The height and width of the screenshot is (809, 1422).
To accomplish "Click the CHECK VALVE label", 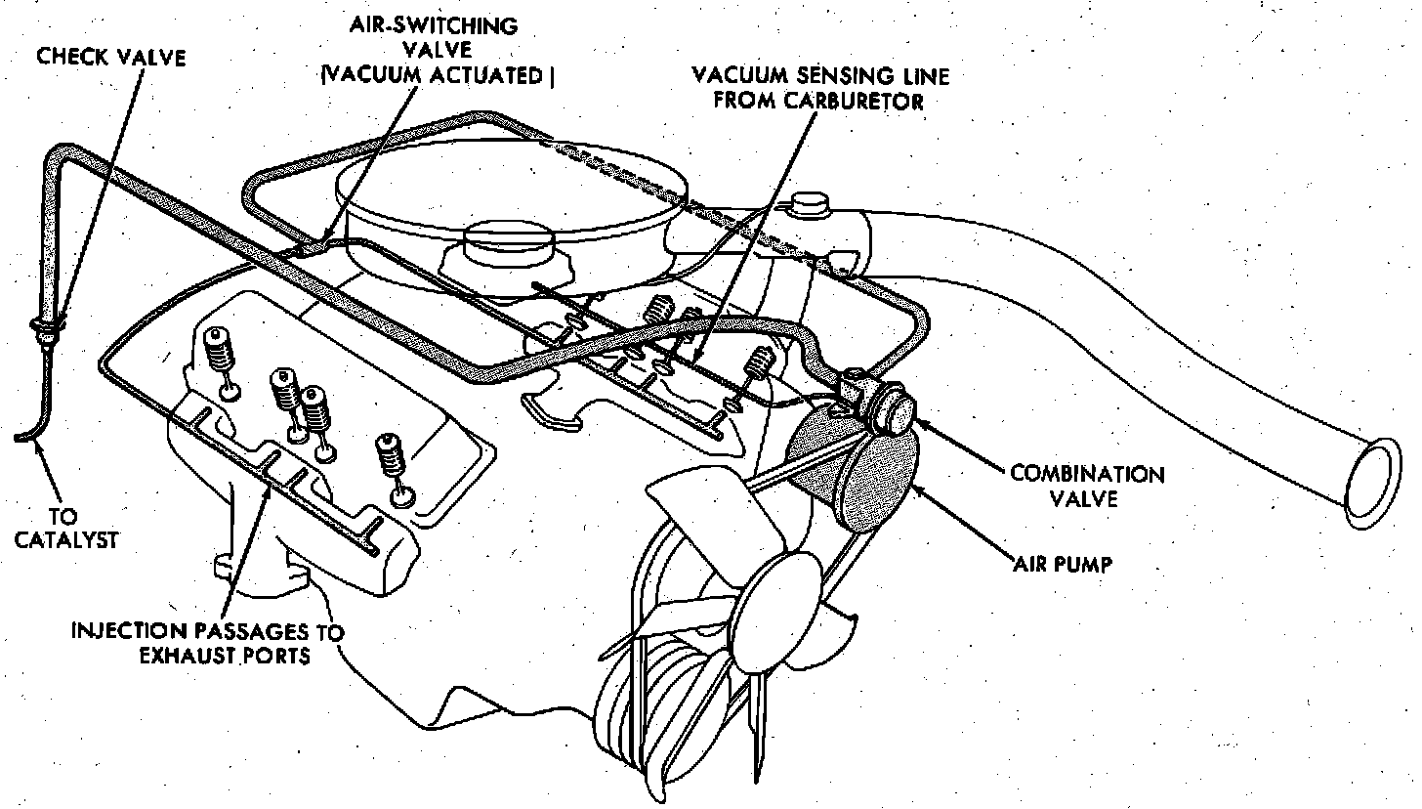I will tap(110, 57).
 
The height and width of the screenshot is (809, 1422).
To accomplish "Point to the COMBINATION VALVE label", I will tap(1087, 487).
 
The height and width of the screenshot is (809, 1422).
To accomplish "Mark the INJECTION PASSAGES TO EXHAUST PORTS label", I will tap(208, 643).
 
